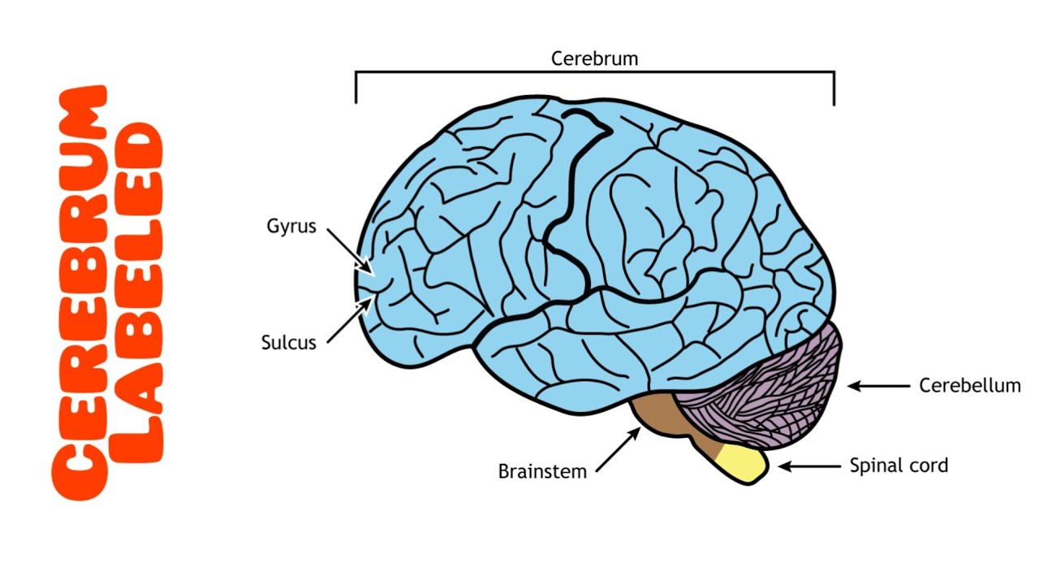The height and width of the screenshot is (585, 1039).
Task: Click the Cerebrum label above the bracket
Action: coord(594,58)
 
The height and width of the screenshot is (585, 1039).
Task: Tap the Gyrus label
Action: coord(291,226)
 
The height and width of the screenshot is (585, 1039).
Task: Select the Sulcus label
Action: coord(288,342)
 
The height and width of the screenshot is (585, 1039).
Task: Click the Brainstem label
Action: coord(542,471)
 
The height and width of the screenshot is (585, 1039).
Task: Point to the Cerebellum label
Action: coord(969,385)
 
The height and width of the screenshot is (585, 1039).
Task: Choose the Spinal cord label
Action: coord(899,466)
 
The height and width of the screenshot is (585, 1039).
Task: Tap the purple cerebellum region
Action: coord(763,382)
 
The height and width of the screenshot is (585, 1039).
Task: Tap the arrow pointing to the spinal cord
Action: coord(808,466)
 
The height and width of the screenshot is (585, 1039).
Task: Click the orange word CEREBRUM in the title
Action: coord(80,292)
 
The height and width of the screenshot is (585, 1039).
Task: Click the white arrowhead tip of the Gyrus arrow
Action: coord(370,271)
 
